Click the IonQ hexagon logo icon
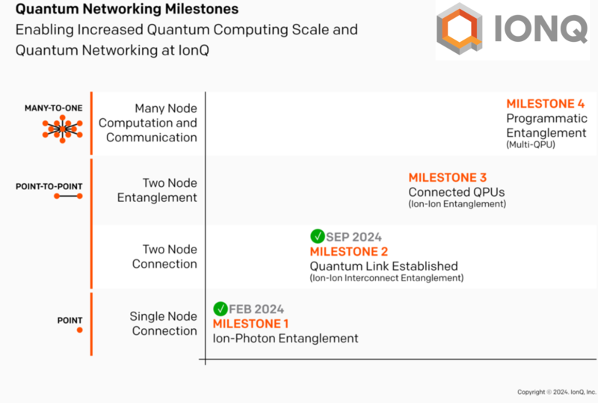(x=460, y=28)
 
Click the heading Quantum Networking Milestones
(x=127, y=9)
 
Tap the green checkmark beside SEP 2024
(x=317, y=236)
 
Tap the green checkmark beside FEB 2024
(x=220, y=309)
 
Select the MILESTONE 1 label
(x=250, y=324)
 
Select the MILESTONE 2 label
(x=348, y=251)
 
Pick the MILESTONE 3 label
(x=447, y=177)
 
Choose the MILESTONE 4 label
(x=546, y=103)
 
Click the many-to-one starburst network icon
(x=63, y=129)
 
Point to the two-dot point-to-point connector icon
(x=68, y=196)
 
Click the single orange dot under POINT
(x=80, y=330)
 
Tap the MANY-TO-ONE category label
(x=53, y=108)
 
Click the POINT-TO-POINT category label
(x=49, y=186)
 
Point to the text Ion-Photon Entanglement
(x=286, y=339)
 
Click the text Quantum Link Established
(x=383, y=266)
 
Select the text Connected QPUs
(x=457, y=192)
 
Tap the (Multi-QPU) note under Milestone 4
(x=531, y=144)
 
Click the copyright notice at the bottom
(x=557, y=392)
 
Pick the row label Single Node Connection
(x=163, y=324)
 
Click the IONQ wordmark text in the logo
(x=540, y=28)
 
